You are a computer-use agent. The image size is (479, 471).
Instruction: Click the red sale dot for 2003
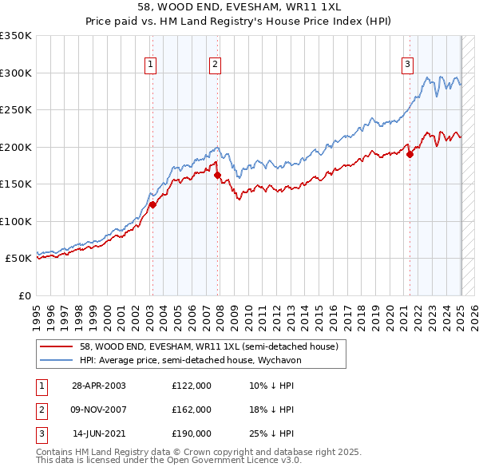tap(153, 205)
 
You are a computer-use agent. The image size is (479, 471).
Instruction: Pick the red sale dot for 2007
tap(217, 174)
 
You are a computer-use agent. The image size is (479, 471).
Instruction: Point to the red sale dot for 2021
tap(410, 154)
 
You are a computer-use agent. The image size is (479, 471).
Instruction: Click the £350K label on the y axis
tap(16, 36)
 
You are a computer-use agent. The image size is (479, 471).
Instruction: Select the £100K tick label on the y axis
tap(16, 221)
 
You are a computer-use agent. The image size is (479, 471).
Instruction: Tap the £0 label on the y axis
tap(24, 295)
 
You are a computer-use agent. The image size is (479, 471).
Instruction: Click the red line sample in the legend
tap(57, 346)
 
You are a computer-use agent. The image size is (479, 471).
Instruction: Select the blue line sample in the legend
tap(57, 360)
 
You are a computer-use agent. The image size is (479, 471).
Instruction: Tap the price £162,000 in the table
tap(192, 410)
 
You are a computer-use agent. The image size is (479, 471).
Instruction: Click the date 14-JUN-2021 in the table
tap(99, 434)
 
